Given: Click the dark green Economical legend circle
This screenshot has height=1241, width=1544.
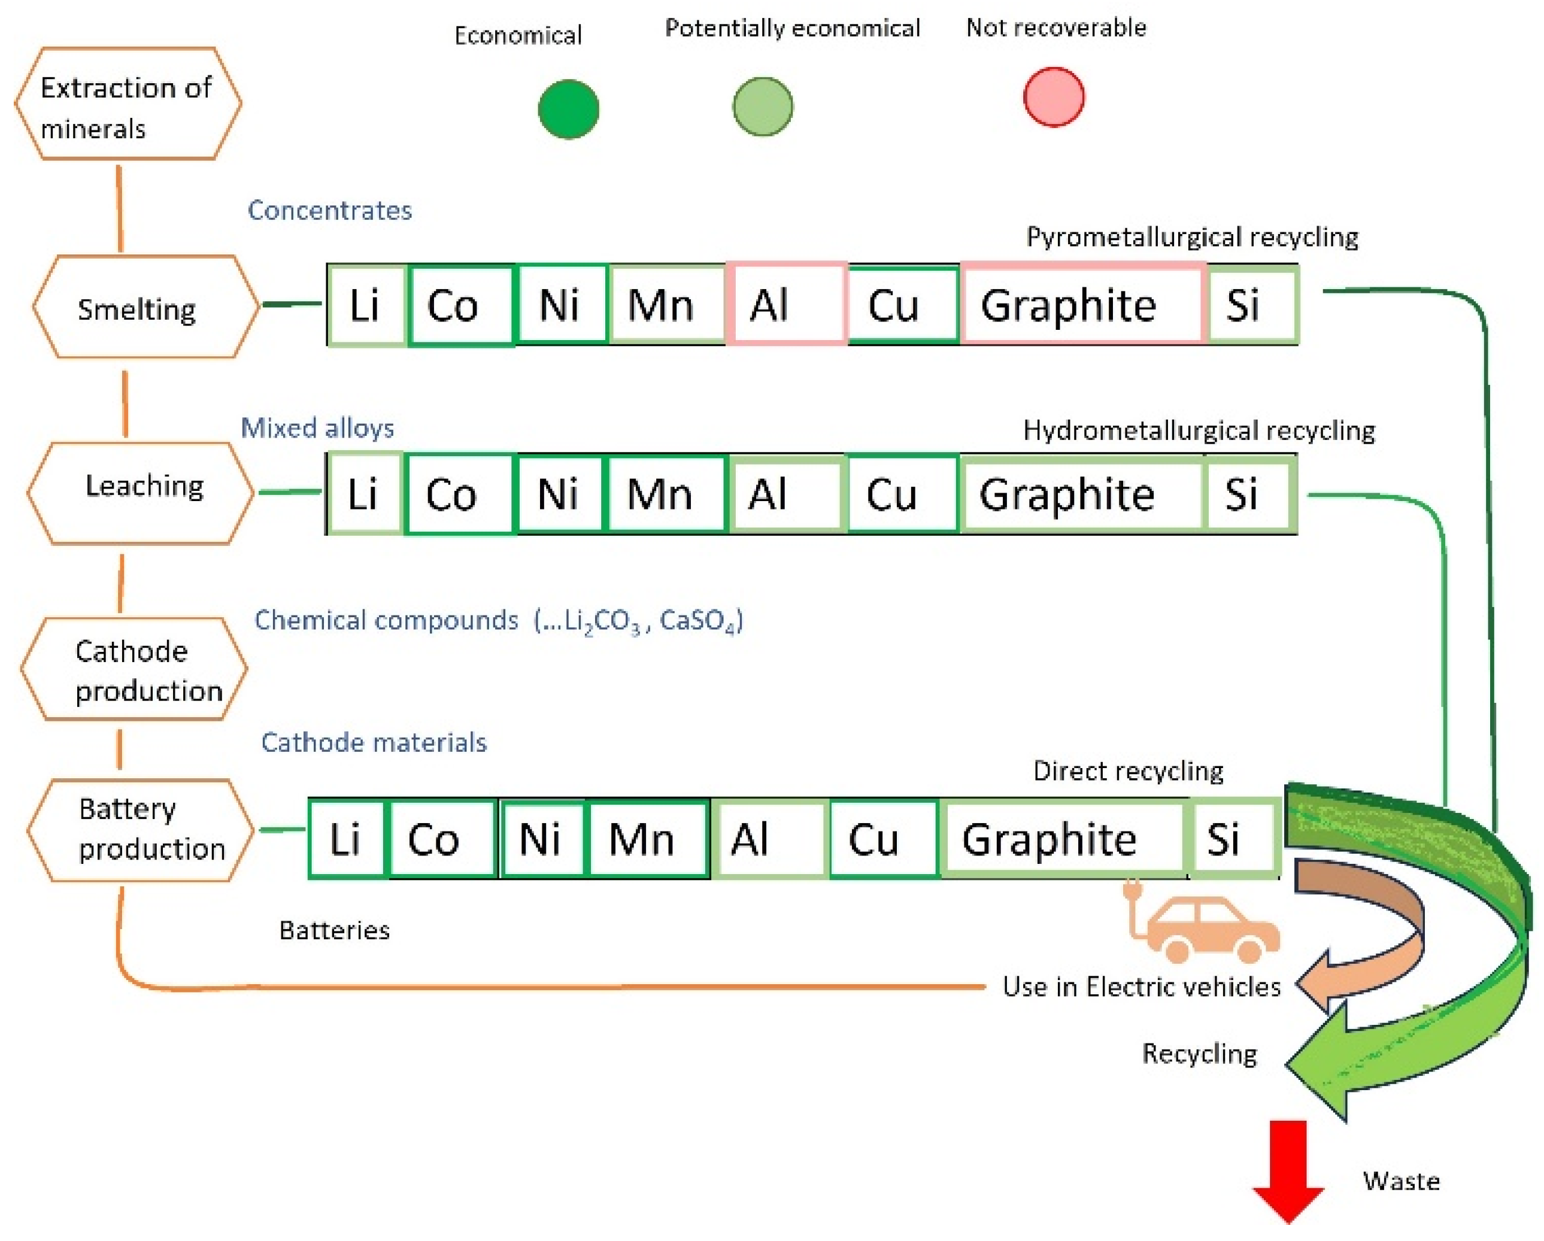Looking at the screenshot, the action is click(568, 109).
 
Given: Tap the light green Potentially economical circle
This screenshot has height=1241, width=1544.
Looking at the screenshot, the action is click(762, 107).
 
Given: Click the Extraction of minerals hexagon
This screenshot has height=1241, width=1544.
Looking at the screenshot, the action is click(128, 104).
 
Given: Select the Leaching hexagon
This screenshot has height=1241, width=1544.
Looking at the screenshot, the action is click(140, 493).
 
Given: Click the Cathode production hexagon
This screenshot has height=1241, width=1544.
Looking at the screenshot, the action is click(134, 669).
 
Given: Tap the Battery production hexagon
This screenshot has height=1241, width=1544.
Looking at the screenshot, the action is click(140, 830).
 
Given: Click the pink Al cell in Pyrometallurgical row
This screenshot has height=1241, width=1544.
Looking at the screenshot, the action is click(786, 304).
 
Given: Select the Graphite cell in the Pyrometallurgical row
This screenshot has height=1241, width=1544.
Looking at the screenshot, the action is click(1082, 304).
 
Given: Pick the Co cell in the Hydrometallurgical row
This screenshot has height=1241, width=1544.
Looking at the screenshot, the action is click(459, 494).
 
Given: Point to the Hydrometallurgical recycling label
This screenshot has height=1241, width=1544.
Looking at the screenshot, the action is click(1198, 430).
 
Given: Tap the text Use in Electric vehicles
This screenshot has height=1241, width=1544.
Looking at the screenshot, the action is click(1141, 986).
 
